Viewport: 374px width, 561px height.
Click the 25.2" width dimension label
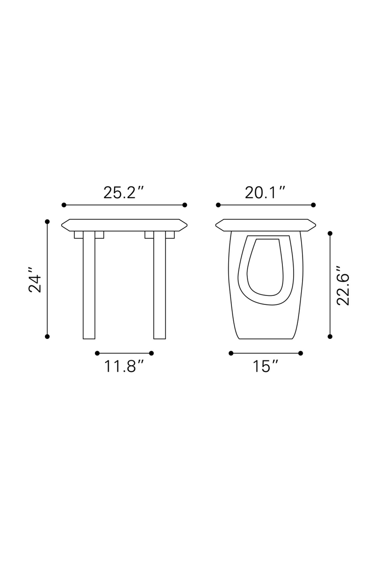pos(123,192)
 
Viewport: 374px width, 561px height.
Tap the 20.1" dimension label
pos(265,192)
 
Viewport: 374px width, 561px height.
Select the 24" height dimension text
pos(36,280)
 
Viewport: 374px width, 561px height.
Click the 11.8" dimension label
pos(123,366)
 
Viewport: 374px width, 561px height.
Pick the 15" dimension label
pos(266,366)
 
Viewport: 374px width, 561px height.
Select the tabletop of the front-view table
pos(124,225)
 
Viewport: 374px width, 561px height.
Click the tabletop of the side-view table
pos(265,225)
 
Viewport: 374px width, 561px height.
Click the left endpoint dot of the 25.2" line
pos(64,205)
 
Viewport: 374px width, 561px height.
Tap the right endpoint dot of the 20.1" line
pos(313,205)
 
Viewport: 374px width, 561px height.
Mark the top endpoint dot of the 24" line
pos(47,221)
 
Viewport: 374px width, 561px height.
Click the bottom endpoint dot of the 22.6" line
pos(331,336)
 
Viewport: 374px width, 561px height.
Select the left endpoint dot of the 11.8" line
pos(97,353)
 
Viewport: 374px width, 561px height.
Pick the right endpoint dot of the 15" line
pos(300,353)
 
